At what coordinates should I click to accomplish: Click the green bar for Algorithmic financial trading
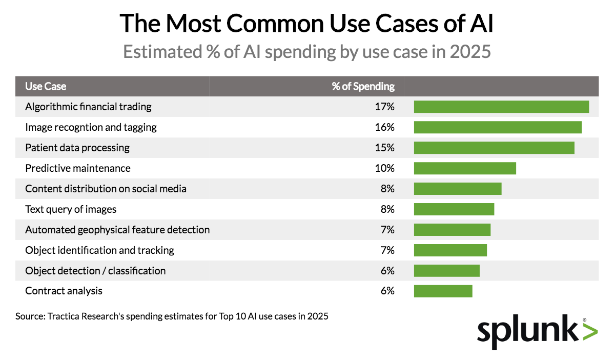[501, 107]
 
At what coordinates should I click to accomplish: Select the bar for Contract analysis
[443, 291]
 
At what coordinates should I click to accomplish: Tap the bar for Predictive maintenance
[465, 168]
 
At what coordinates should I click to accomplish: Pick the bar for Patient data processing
[494, 148]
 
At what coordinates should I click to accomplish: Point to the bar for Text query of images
[454, 209]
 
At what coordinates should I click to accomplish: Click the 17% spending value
[384, 107]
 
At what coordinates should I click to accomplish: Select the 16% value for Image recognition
[384, 127]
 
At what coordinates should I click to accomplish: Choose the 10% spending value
[384, 168]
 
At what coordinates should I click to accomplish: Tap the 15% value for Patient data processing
[384, 148]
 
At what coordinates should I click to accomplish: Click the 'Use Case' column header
[46, 86]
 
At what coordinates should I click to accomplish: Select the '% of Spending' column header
[363, 86]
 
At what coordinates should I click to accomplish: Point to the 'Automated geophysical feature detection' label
[117, 230]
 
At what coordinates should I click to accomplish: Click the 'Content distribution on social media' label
[106, 189]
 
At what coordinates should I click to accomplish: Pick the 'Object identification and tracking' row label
[99, 250]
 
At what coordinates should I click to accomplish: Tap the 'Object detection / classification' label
[95, 271]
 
